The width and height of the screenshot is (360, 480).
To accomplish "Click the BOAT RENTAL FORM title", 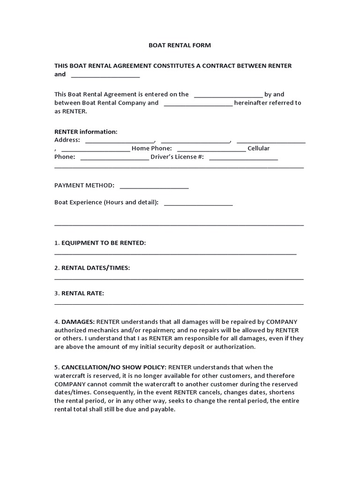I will (x=180, y=45).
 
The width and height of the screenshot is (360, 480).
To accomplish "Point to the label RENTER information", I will (x=86, y=132).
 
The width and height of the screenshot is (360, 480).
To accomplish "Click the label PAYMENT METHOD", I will (x=84, y=185).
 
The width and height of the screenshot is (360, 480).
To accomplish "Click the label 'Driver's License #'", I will (x=177, y=157).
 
